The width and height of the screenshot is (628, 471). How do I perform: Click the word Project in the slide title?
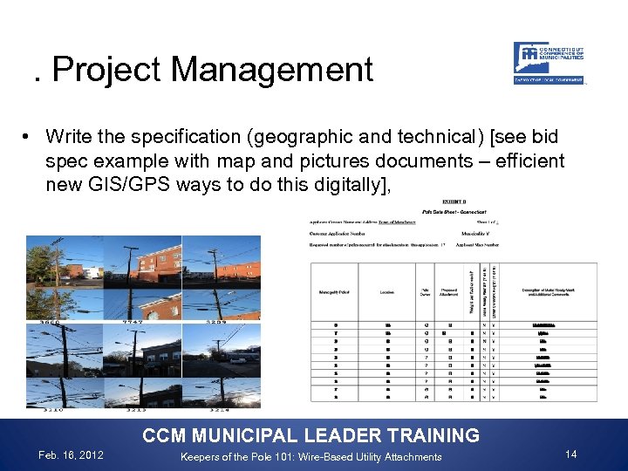pos(90,70)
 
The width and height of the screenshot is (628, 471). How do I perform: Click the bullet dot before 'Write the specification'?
pos(29,137)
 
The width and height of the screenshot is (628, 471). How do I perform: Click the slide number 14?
pos(571,454)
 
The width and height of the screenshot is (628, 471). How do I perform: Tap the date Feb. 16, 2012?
pos(69,455)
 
